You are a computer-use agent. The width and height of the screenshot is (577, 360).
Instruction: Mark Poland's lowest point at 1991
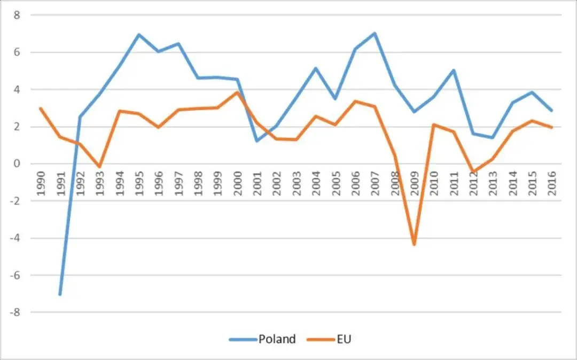pos(60,294)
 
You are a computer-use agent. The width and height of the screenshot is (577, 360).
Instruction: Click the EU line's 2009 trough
pos(414,245)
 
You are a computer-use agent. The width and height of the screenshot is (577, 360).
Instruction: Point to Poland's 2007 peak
pos(375,33)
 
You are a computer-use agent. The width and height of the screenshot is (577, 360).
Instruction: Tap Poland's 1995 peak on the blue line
pos(139,35)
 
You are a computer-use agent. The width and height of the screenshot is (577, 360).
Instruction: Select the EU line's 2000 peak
pos(237,92)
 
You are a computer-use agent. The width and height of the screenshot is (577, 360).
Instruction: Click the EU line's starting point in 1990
pos(41,108)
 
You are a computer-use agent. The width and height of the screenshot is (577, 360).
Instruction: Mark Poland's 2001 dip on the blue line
pos(256,140)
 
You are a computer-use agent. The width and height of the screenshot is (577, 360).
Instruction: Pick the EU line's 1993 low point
pos(99,167)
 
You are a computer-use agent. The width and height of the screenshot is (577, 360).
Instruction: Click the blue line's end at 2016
pos(551,111)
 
